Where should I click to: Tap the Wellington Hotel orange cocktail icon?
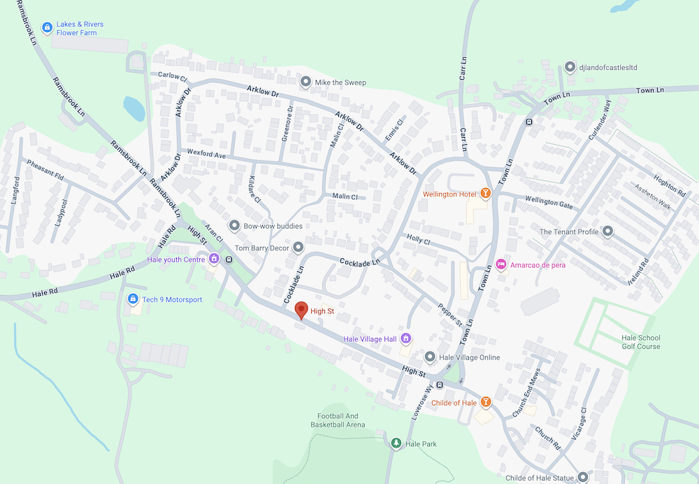484,194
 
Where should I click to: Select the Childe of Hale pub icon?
485,402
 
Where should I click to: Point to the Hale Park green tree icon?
396,443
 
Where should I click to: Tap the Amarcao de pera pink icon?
500,265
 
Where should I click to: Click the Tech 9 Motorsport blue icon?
132,299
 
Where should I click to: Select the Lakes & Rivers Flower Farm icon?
46,28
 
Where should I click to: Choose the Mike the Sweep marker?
305,83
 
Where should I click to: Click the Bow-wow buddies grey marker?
233,226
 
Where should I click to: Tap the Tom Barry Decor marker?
298,248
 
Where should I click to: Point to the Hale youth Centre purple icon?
214,259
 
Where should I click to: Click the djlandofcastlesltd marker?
569,67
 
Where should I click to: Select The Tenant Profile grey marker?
607,232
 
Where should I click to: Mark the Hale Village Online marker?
429,357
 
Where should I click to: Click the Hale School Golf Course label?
640,342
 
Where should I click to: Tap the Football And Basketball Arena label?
338,420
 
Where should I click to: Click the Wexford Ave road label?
206,155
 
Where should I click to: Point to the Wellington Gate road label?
549,204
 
